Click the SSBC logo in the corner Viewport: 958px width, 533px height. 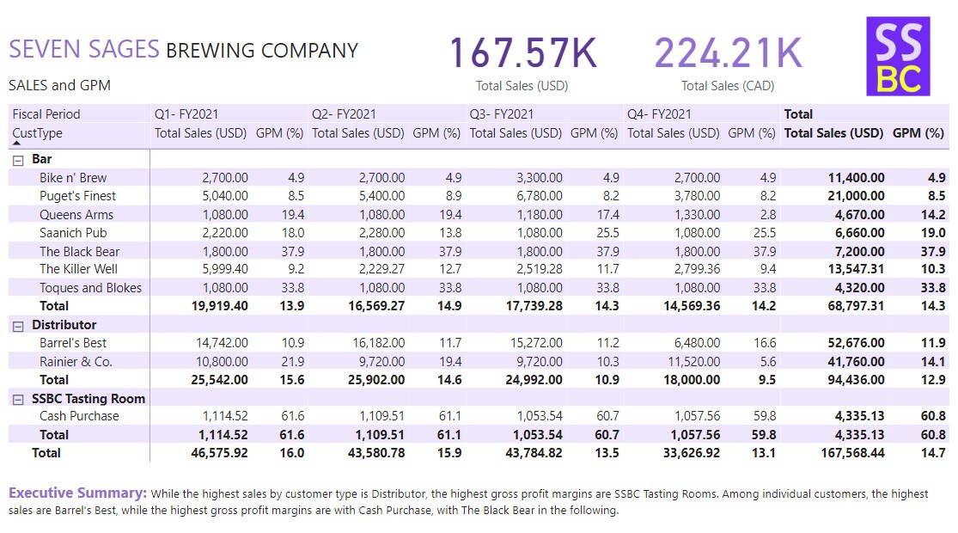(898, 56)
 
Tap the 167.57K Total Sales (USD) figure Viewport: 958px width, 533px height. (522, 53)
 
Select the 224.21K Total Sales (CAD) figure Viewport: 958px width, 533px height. (728, 53)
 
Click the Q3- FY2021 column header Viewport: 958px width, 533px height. (502, 113)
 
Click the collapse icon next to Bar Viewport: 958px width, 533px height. (18, 159)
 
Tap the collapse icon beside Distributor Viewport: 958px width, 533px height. (18, 325)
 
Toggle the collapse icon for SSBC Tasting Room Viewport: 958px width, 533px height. (18, 399)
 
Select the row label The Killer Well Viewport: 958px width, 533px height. (79, 269)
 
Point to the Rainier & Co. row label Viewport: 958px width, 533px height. (76, 361)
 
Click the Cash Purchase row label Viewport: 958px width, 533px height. (79, 416)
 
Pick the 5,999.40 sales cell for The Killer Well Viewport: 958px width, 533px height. (225, 269)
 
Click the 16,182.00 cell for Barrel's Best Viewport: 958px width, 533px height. (378, 343)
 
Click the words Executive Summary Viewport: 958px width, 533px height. (76, 493)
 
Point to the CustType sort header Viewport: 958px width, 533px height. (38, 133)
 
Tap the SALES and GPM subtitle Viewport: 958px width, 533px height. (59, 86)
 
